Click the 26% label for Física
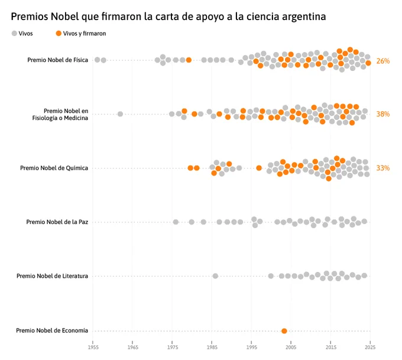click(382, 61)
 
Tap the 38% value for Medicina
click(382, 114)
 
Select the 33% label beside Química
click(382, 168)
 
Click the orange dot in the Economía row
click(284, 331)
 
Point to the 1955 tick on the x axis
click(93, 348)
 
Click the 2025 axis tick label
click(370, 348)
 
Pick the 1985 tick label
click(212, 348)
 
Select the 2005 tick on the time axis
click(291, 348)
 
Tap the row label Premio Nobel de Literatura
click(52, 276)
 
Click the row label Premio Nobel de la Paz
click(57, 222)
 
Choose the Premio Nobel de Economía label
click(52, 330)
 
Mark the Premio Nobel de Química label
click(54, 168)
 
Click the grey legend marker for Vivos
click(14, 33)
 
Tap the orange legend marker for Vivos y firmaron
click(59, 33)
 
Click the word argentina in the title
click(304, 17)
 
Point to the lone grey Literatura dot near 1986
click(215, 276)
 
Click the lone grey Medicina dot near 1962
click(120, 114)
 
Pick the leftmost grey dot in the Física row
click(97, 60)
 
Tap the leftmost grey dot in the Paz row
click(176, 222)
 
